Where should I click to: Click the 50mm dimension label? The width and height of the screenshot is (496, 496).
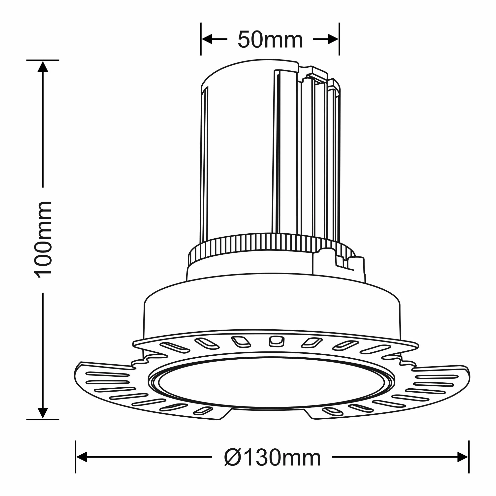click(x=270, y=40)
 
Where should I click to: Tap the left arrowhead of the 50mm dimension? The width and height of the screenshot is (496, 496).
click(x=207, y=39)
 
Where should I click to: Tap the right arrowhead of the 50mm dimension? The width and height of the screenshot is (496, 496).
click(x=333, y=39)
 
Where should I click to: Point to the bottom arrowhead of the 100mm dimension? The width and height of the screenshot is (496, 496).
click(x=43, y=413)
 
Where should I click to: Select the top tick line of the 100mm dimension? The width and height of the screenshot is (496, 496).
click(x=43, y=60)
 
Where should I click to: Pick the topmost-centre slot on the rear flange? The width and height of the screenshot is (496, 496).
click(x=276, y=341)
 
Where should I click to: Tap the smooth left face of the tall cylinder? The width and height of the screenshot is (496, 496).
click(x=239, y=159)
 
